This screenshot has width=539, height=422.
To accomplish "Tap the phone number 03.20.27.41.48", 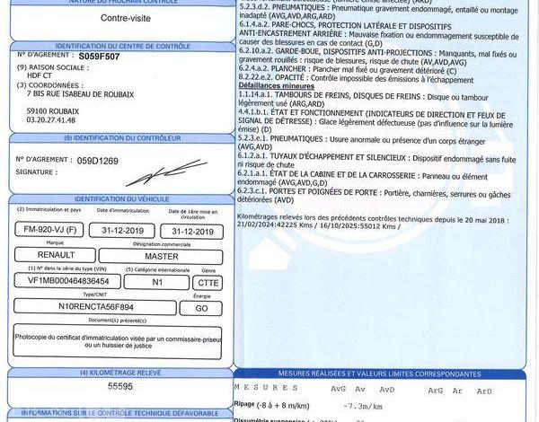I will click(52, 118).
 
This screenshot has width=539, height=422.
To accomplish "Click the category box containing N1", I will click(157, 281).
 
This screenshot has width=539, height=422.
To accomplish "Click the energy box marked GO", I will click(202, 307).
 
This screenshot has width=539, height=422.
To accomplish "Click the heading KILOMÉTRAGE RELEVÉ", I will click(120, 371).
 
